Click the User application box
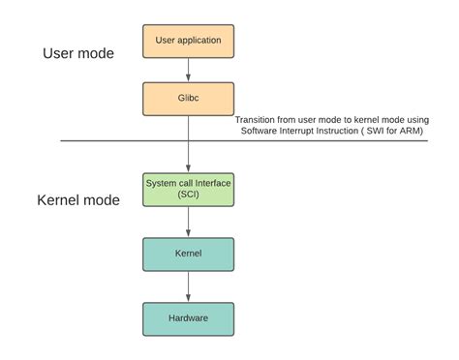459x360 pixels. click(189, 41)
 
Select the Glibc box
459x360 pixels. click(189, 99)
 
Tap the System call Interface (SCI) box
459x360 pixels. click(189, 189)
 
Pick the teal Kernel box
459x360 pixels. click(189, 255)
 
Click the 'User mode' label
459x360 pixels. click(78, 53)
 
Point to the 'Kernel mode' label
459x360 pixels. click(78, 200)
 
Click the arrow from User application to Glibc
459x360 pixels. click(189, 69)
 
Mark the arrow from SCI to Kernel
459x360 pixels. click(189, 222)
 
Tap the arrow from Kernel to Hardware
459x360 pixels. click(189, 286)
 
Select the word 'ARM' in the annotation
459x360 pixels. click(431, 131)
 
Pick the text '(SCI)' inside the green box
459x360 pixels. click(189, 195)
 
